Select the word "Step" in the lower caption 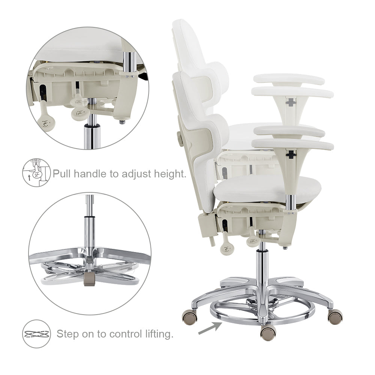pyautogui.click(x=67, y=334)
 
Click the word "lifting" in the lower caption pyautogui.click(x=159, y=334)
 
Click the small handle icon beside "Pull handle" pyautogui.click(x=37, y=172)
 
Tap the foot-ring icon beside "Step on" pyautogui.click(x=37, y=334)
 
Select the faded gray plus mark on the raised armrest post pyautogui.click(x=291, y=102)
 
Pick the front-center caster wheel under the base pyautogui.click(x=268, y=333)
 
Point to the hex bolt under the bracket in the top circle pyautogui.click(x=122, y=122)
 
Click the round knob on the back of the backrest pyautogui.click(x=180, y=138)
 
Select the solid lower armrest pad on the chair pyautogui.click(x=293, y=144)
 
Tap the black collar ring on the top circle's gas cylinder pyautogui.click(x=91, y=126)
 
